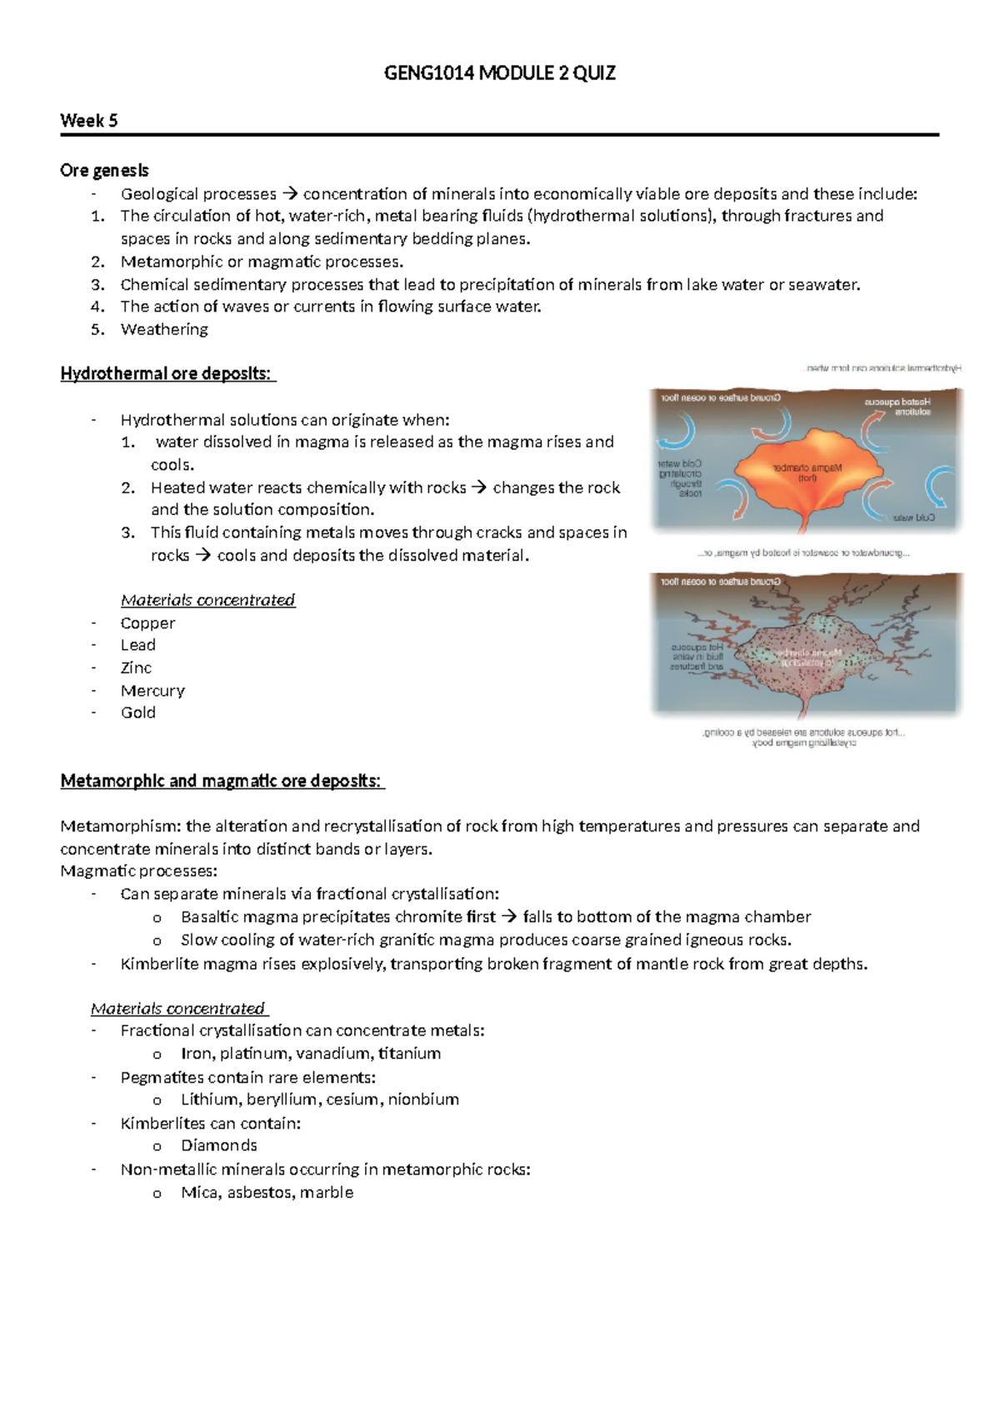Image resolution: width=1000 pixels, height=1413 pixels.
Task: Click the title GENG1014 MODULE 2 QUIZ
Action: [x=499, y=73]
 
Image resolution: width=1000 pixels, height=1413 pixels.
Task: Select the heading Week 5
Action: [x=88, y=121]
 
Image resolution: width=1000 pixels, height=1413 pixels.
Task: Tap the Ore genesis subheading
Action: [x=104, y=170]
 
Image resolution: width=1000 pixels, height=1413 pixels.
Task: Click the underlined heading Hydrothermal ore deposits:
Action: [x=167, y=373]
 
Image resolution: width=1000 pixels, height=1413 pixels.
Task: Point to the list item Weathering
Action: [x=164, y=329]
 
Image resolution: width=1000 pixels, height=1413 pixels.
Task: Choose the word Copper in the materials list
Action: [x=147, y=622]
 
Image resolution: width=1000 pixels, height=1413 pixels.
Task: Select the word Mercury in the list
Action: [x=152, y=690]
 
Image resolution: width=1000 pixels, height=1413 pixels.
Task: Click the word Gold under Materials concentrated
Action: [x=137, y=712]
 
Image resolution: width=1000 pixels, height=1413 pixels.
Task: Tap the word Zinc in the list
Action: [x=136, y=667]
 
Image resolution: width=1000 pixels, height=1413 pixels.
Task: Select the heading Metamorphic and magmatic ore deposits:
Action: [x=221, y=781]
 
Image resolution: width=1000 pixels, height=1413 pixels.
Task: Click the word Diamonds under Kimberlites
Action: [x=219, y=1145]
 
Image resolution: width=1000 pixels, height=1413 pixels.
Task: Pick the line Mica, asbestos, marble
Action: [x=267, y=1192]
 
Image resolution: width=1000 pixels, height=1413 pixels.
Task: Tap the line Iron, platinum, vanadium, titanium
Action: [x=311, y=1053]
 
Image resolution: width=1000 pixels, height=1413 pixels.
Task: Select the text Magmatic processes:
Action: [x=138, y=871]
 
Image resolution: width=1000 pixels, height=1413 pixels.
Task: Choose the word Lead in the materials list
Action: [x=137, y=645]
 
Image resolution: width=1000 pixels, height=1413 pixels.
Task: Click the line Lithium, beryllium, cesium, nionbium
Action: [x=319, y=1099]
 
